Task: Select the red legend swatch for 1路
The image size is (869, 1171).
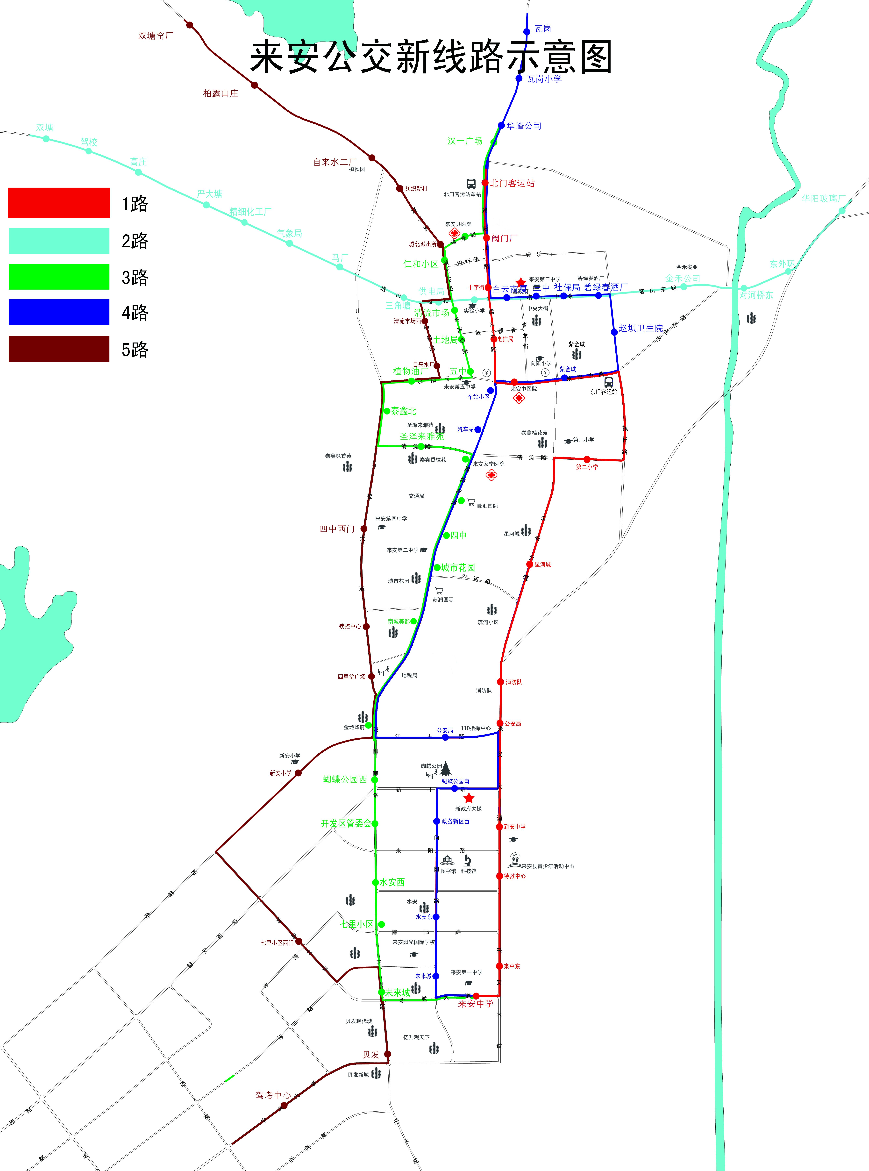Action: click(59, 203)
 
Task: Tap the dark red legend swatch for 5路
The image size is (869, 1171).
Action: click(59, 349)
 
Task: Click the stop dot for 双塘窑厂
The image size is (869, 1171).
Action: click(189, 25)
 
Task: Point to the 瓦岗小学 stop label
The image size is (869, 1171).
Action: click(544, 79)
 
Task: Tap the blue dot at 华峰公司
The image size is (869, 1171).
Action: click(501, 125)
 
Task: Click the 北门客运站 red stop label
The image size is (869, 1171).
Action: click(512, 183)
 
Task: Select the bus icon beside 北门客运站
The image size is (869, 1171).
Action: click(471, 184)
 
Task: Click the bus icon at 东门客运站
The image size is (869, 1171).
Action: click(609, 382)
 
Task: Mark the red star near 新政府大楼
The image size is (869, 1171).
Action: click(469, 798)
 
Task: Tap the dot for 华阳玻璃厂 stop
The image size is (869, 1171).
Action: click(842, 210)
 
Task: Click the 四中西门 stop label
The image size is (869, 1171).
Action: click(337, 529)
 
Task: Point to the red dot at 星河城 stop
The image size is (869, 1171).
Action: click(530, 564)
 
